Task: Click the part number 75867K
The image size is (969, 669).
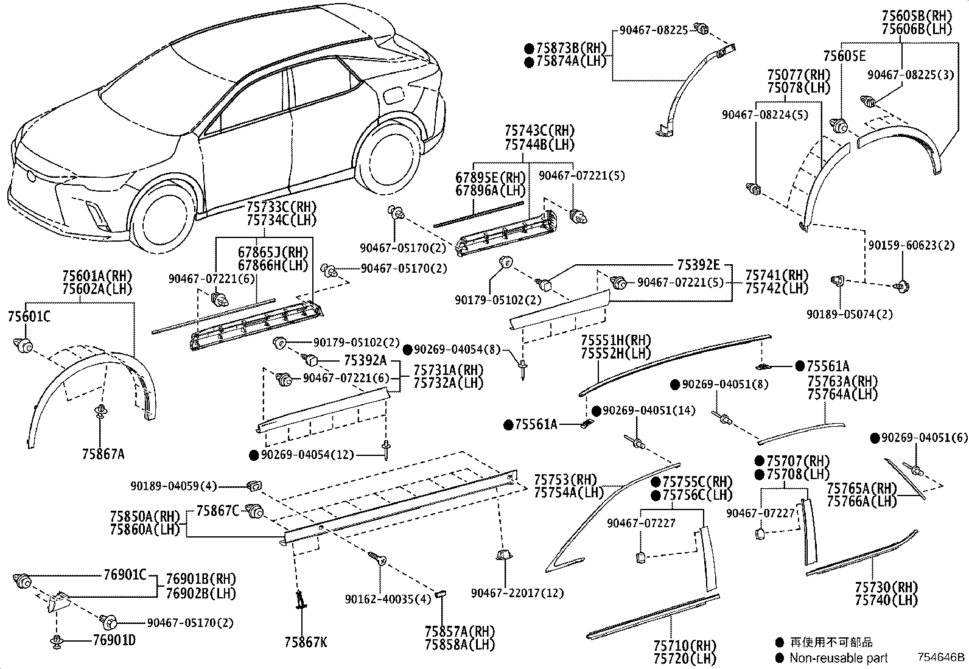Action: [x=305, y=642]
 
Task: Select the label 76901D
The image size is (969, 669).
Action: [x=114, y=640]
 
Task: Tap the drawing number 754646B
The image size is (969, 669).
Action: [x=942, y=657]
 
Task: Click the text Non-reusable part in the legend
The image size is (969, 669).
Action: [x=838, y=658]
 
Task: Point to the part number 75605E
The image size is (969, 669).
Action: [x=844, y=56]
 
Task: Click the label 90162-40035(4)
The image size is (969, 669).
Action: [x=388, y=599]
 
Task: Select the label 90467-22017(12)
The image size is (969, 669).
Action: [x=517, y=592]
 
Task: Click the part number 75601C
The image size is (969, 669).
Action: [x=29, y=317]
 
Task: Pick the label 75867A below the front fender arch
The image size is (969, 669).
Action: [x=103, y=454]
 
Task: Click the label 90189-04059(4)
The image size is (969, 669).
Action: [x=173, y=486]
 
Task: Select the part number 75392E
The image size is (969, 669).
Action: [x=698, y=265]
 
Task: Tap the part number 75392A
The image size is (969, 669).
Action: [x=365, y=360]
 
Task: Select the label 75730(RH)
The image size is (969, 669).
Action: [x=885, y=587]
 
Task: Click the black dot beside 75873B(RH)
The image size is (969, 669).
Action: [x=529, y=48]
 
